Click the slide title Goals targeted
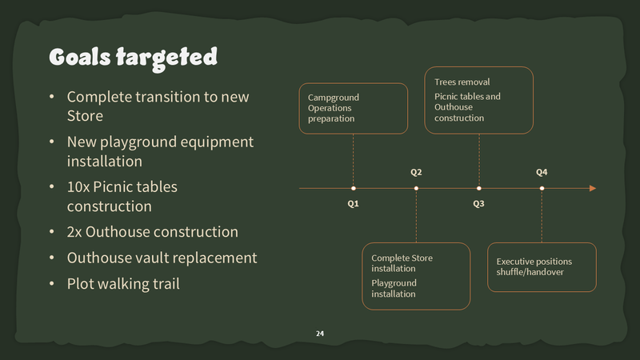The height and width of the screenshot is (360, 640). [133, 57]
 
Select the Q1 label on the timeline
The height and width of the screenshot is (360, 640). [353, 203]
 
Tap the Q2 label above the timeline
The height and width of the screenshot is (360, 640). [416, 172]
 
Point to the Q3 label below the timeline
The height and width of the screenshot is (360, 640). [478, 203]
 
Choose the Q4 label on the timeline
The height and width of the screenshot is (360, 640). [542, 172]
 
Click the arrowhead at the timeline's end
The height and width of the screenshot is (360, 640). [593, 188]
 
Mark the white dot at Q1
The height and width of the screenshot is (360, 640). [353, 188]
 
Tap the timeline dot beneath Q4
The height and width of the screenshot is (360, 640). [542, 188]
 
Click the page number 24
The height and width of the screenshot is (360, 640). [320, 333]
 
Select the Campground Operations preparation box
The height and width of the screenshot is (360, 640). [353, 108]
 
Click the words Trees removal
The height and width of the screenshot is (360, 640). [462, 82]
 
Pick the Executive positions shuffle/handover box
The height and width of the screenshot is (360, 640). [542, 267]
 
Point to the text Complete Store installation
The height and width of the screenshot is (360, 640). [402, 263]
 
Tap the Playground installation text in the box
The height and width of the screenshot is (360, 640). [394, 288]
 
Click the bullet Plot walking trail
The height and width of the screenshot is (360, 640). [124, 283]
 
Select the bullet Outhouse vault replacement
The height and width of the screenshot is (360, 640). [162, 258]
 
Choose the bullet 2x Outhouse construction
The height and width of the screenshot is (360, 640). [152, 232]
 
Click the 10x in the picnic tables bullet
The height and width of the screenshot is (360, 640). [78, 186]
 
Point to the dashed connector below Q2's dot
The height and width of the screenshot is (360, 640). [416, 216]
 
